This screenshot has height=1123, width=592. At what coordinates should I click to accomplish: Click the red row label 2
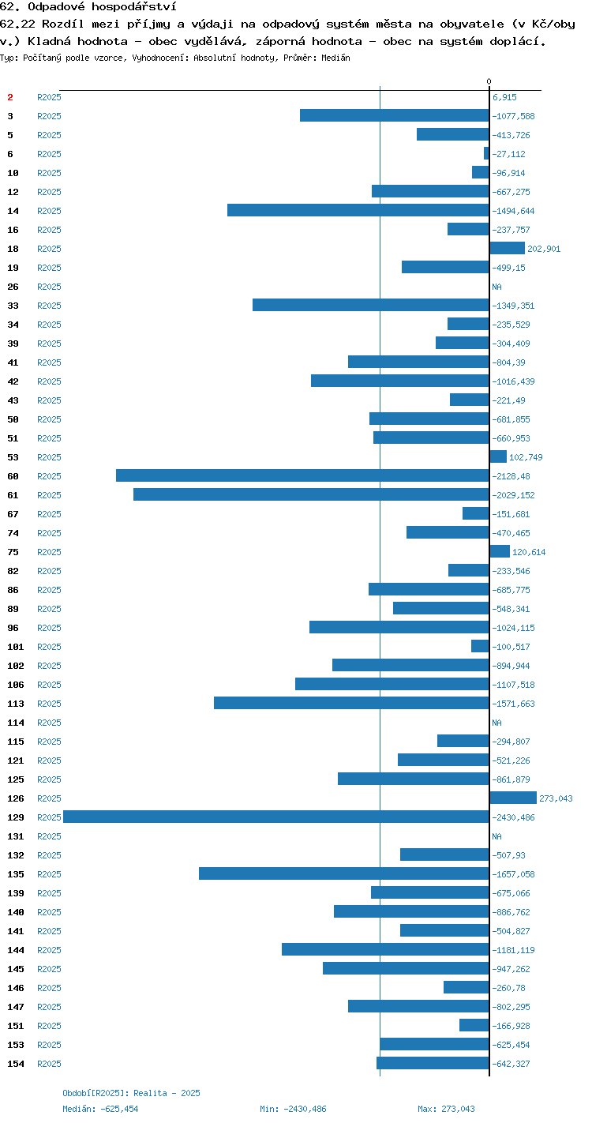tap(10, 97)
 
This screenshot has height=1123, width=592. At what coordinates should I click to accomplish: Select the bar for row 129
tap(276, 817)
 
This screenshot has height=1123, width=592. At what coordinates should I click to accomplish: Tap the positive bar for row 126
tap(513, 798)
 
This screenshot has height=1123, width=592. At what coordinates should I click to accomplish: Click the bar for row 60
tap(303, 475)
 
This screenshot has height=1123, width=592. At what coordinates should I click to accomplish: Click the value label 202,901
tap(544, 249)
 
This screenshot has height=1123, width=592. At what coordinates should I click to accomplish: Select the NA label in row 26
tap(496, 287)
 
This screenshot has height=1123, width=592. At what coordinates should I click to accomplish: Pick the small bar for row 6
tap(487, 153)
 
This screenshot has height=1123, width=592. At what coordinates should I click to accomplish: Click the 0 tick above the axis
tap(489, 81)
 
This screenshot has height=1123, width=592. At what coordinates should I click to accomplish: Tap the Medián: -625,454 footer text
tap(100, 1109)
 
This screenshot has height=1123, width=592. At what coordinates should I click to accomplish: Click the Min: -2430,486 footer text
tap(293, 1109)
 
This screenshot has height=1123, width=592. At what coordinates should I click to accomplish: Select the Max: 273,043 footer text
tap(446, 1109)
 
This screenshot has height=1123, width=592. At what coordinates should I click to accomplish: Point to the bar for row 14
tap(358, 210)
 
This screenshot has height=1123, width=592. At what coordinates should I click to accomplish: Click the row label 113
tap(16, 704)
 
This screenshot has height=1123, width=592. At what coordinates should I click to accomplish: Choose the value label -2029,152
tap(513, 495)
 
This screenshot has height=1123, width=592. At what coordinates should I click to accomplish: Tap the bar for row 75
tap(500, 551)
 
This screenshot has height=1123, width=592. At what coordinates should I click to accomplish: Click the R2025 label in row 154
tap(49, 1063)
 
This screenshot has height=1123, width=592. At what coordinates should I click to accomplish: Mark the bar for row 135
tap(344, 873)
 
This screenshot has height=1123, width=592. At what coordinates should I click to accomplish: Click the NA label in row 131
tap(496, 836)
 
